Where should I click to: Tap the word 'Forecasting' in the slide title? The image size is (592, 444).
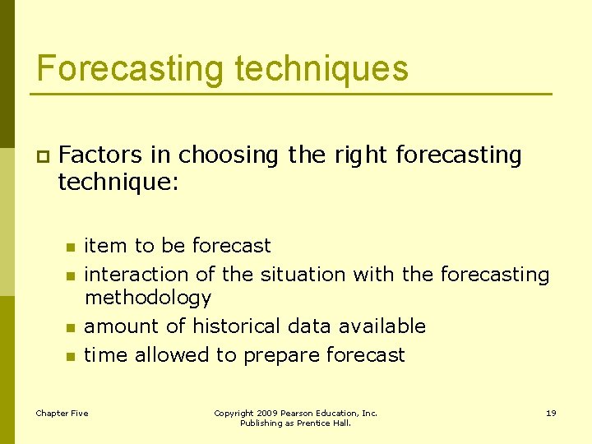tap(129, 68)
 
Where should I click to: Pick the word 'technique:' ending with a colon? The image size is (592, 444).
tap(118, 183)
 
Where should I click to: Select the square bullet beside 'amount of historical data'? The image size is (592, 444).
tap(71, 328)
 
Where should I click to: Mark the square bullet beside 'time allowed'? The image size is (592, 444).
tap(71, 357)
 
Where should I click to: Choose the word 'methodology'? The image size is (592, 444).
tap(148, 298)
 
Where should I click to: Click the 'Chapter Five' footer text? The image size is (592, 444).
tap(62, 413)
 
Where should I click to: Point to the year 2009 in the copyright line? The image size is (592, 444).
tap(266, 413)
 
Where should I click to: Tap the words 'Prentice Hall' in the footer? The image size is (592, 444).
tap(328, 423)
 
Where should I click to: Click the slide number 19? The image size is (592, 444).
tap(551, 413)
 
